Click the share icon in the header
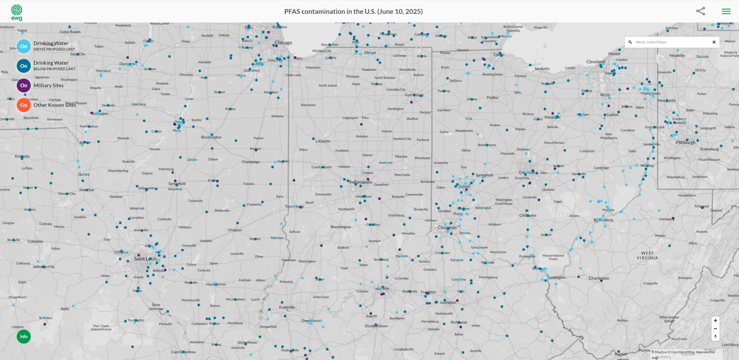(701, 11)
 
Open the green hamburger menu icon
(726, 11)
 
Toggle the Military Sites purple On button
(24, 86)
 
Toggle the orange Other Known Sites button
(24, 105)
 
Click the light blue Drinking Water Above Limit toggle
(24, 46)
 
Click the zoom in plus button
(715, 321)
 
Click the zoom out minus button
(715, 329)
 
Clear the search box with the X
(714, 42)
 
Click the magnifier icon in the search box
(630, 42)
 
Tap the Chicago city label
(283, 43)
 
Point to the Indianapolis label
(360, 182)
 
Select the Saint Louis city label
(145, 259)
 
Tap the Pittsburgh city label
(685, 142)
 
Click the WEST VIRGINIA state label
(647, 256)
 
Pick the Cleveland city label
(596, 62)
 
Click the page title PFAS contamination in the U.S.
(353, 11)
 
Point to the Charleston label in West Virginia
(599, 278)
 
